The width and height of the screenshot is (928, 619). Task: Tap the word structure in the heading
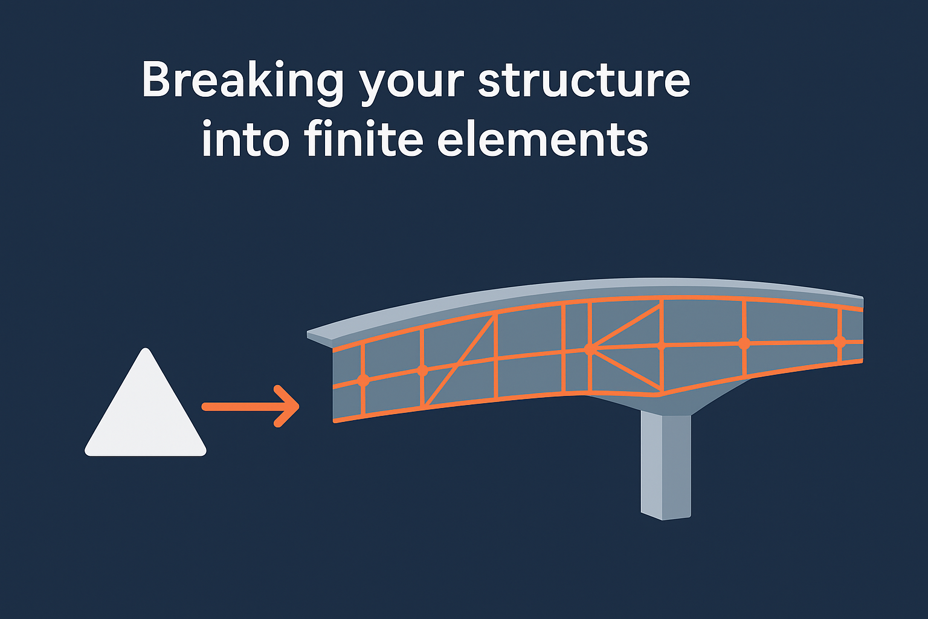(584, 80)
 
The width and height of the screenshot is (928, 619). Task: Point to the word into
(245, 140)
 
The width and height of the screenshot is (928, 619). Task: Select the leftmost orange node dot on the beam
(363, 380)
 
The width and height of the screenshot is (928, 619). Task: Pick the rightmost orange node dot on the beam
(839, 342)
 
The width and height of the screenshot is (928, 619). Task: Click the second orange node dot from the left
(422, 370)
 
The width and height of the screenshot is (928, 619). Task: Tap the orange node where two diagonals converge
(590, 349)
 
